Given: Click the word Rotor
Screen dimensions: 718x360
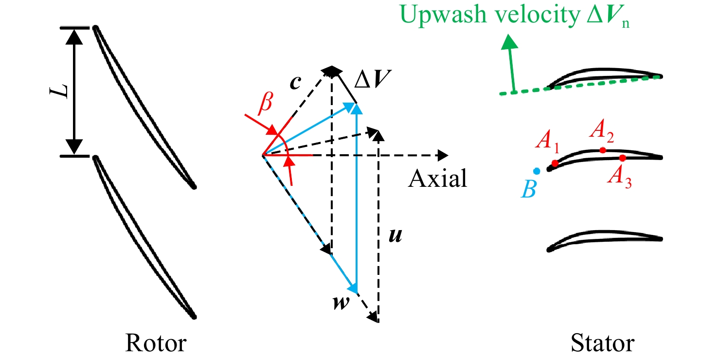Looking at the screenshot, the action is (x=156, y=343).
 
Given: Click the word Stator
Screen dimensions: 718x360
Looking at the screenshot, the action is (x=603, y=343).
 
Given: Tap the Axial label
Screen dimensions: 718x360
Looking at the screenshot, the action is (x=437, y=178).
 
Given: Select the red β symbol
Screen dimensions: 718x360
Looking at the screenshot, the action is (x=266, y=103).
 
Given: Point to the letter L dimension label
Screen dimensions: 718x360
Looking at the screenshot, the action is (x=59, y=91).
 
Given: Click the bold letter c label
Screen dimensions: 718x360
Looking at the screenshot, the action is (x=295, y=82).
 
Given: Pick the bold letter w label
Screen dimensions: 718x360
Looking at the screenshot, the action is (x=341, y=302).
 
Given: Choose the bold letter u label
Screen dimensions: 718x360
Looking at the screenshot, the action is (x=395, y=236).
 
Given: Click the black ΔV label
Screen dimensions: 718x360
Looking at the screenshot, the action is (x=373, y=78).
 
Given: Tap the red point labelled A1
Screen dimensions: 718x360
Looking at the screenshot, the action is (x=555, y=163).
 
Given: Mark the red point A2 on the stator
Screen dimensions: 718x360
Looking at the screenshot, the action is (x=603, y=150).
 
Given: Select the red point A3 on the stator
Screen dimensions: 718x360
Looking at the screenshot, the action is (x=623, y=158).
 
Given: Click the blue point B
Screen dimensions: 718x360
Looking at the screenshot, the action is (x=537, y=171).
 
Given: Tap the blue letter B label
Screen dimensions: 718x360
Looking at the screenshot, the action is (x=529, y=189).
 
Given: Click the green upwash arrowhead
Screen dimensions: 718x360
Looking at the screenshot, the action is (x=509, y=42).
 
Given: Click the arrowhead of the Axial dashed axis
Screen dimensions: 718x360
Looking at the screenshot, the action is (x=443, y=156).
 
